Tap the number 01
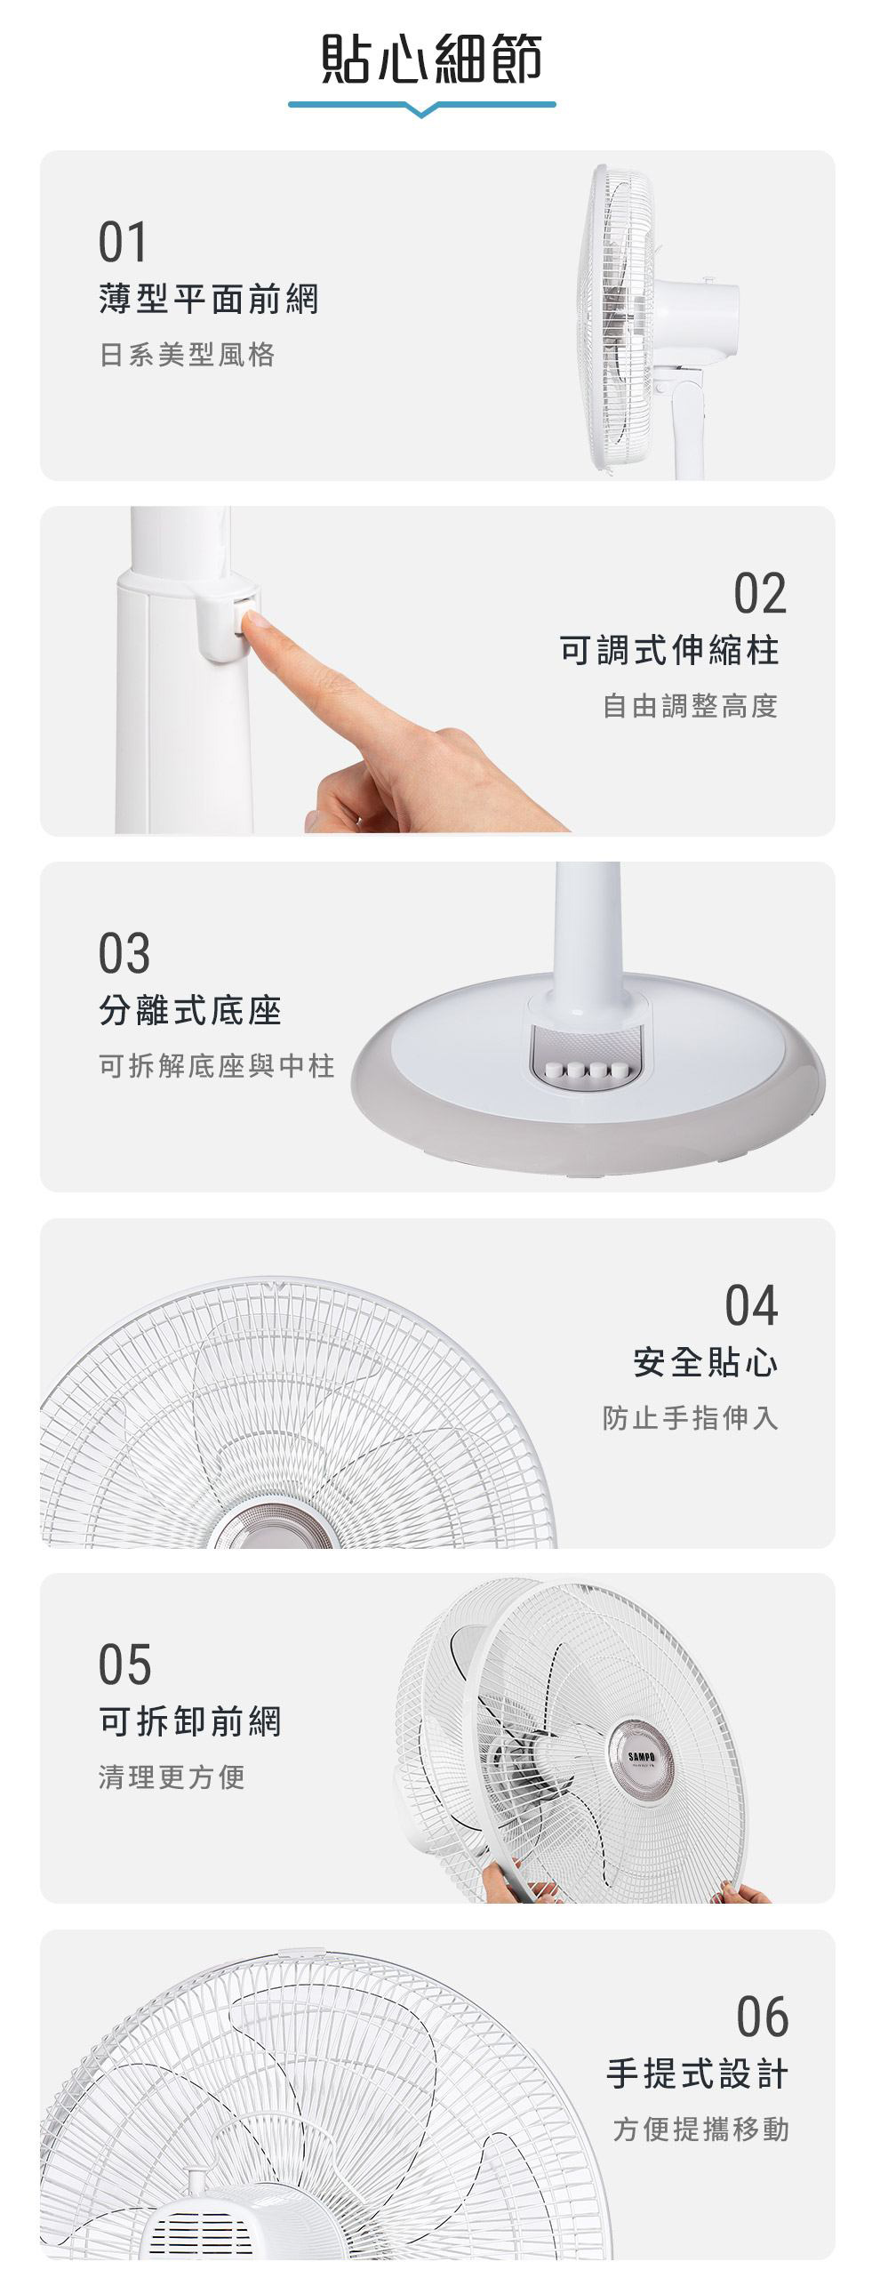tap(123, 243)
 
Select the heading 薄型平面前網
tap(209, 300)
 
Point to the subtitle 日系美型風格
tap(188, 356)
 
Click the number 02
tap(761, 594)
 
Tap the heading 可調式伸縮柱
tap(669, 651)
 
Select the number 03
tap(124, 953)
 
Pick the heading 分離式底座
tap(190, 1011)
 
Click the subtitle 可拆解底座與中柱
tap(217, 1066)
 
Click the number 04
tap(752, 1305)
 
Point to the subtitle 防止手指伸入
tap(691, 1418)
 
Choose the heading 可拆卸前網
tap(190, 1722)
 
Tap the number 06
tap(763, 2017)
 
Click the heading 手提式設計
tap(698, 2074)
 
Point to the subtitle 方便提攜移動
tap(700, 2130)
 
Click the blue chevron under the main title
tap(422, 108)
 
